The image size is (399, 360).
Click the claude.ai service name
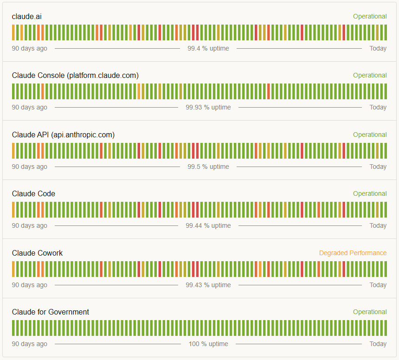(27, 17)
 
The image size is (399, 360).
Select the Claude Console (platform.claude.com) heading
(75, 76)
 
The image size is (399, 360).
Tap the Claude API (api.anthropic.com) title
(64, 135)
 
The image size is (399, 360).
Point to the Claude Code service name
(33, 193)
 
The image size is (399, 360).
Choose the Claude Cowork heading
(37, 253)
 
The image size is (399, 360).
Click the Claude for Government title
(51, 312)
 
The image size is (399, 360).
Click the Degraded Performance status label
(353, 253)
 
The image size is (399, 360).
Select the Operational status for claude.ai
(370, 16)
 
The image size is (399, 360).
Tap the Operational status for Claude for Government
(370, 312)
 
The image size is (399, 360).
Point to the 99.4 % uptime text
(208, 48)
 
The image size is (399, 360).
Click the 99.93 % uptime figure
(208, 107)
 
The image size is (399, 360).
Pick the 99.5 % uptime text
(208, 167)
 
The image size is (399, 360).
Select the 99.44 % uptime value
(208, 225)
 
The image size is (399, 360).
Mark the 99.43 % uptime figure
(208, 285)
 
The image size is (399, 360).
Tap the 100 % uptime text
(208, 344)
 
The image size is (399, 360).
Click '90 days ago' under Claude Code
(30, 225)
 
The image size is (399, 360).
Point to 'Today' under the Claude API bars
(378, 167)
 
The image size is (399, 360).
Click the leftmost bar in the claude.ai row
(13, 32)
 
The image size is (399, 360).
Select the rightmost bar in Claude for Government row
(386, 328)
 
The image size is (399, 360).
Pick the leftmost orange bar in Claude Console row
(43, 91)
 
